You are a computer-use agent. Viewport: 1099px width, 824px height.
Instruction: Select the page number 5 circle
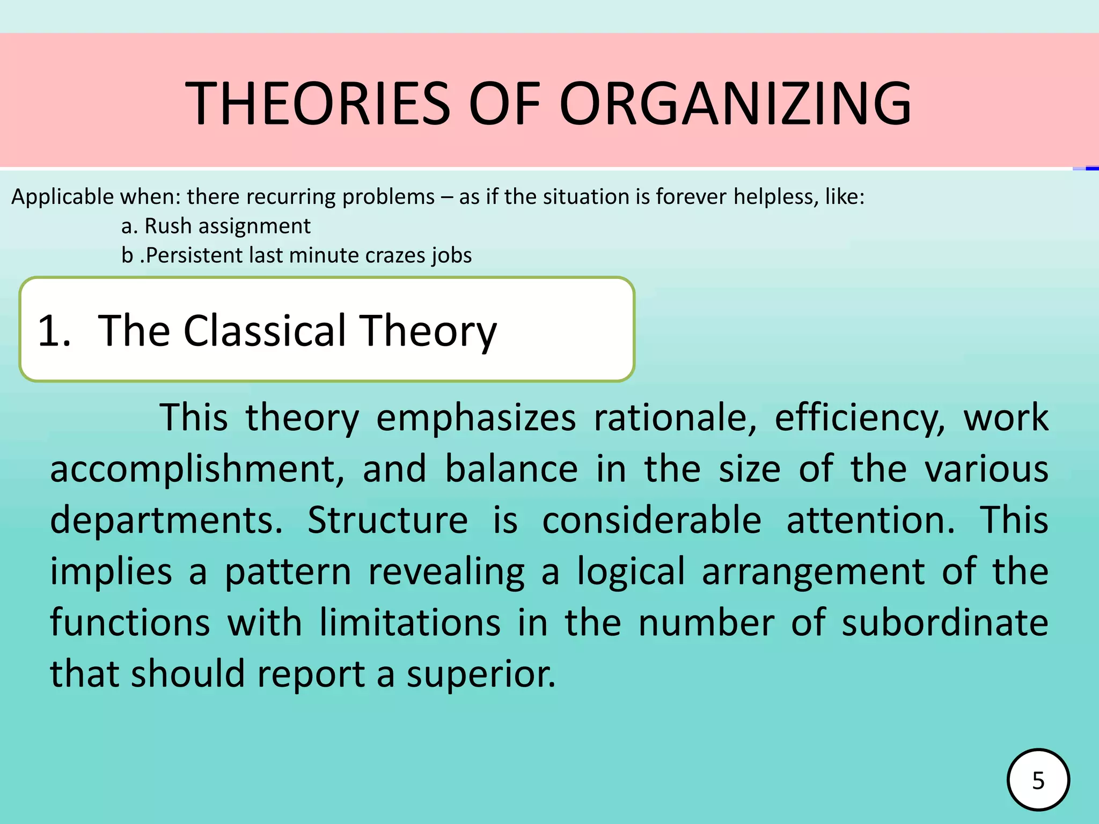[x=1038, y=780]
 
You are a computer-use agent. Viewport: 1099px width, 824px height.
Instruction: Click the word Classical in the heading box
[x=265, y=330]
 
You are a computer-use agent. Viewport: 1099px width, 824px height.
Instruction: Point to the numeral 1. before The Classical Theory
[x=54, y=330]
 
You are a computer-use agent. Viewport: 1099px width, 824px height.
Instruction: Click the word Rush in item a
[x=168, y=226]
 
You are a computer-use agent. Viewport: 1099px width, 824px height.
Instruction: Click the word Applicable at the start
[x=63, y=197]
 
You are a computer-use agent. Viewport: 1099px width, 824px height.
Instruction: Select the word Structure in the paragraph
[x=387, y=520]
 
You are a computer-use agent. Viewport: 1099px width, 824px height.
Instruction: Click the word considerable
[x=651, y=520]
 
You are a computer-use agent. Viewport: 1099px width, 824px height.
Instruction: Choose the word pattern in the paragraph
[x=288, y=572]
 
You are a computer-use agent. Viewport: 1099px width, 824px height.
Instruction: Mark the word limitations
[x=410, y=623]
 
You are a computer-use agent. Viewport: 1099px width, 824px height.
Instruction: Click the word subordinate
[x=944, y=623]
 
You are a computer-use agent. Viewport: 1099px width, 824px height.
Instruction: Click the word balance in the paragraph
[x=511, y=469]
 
